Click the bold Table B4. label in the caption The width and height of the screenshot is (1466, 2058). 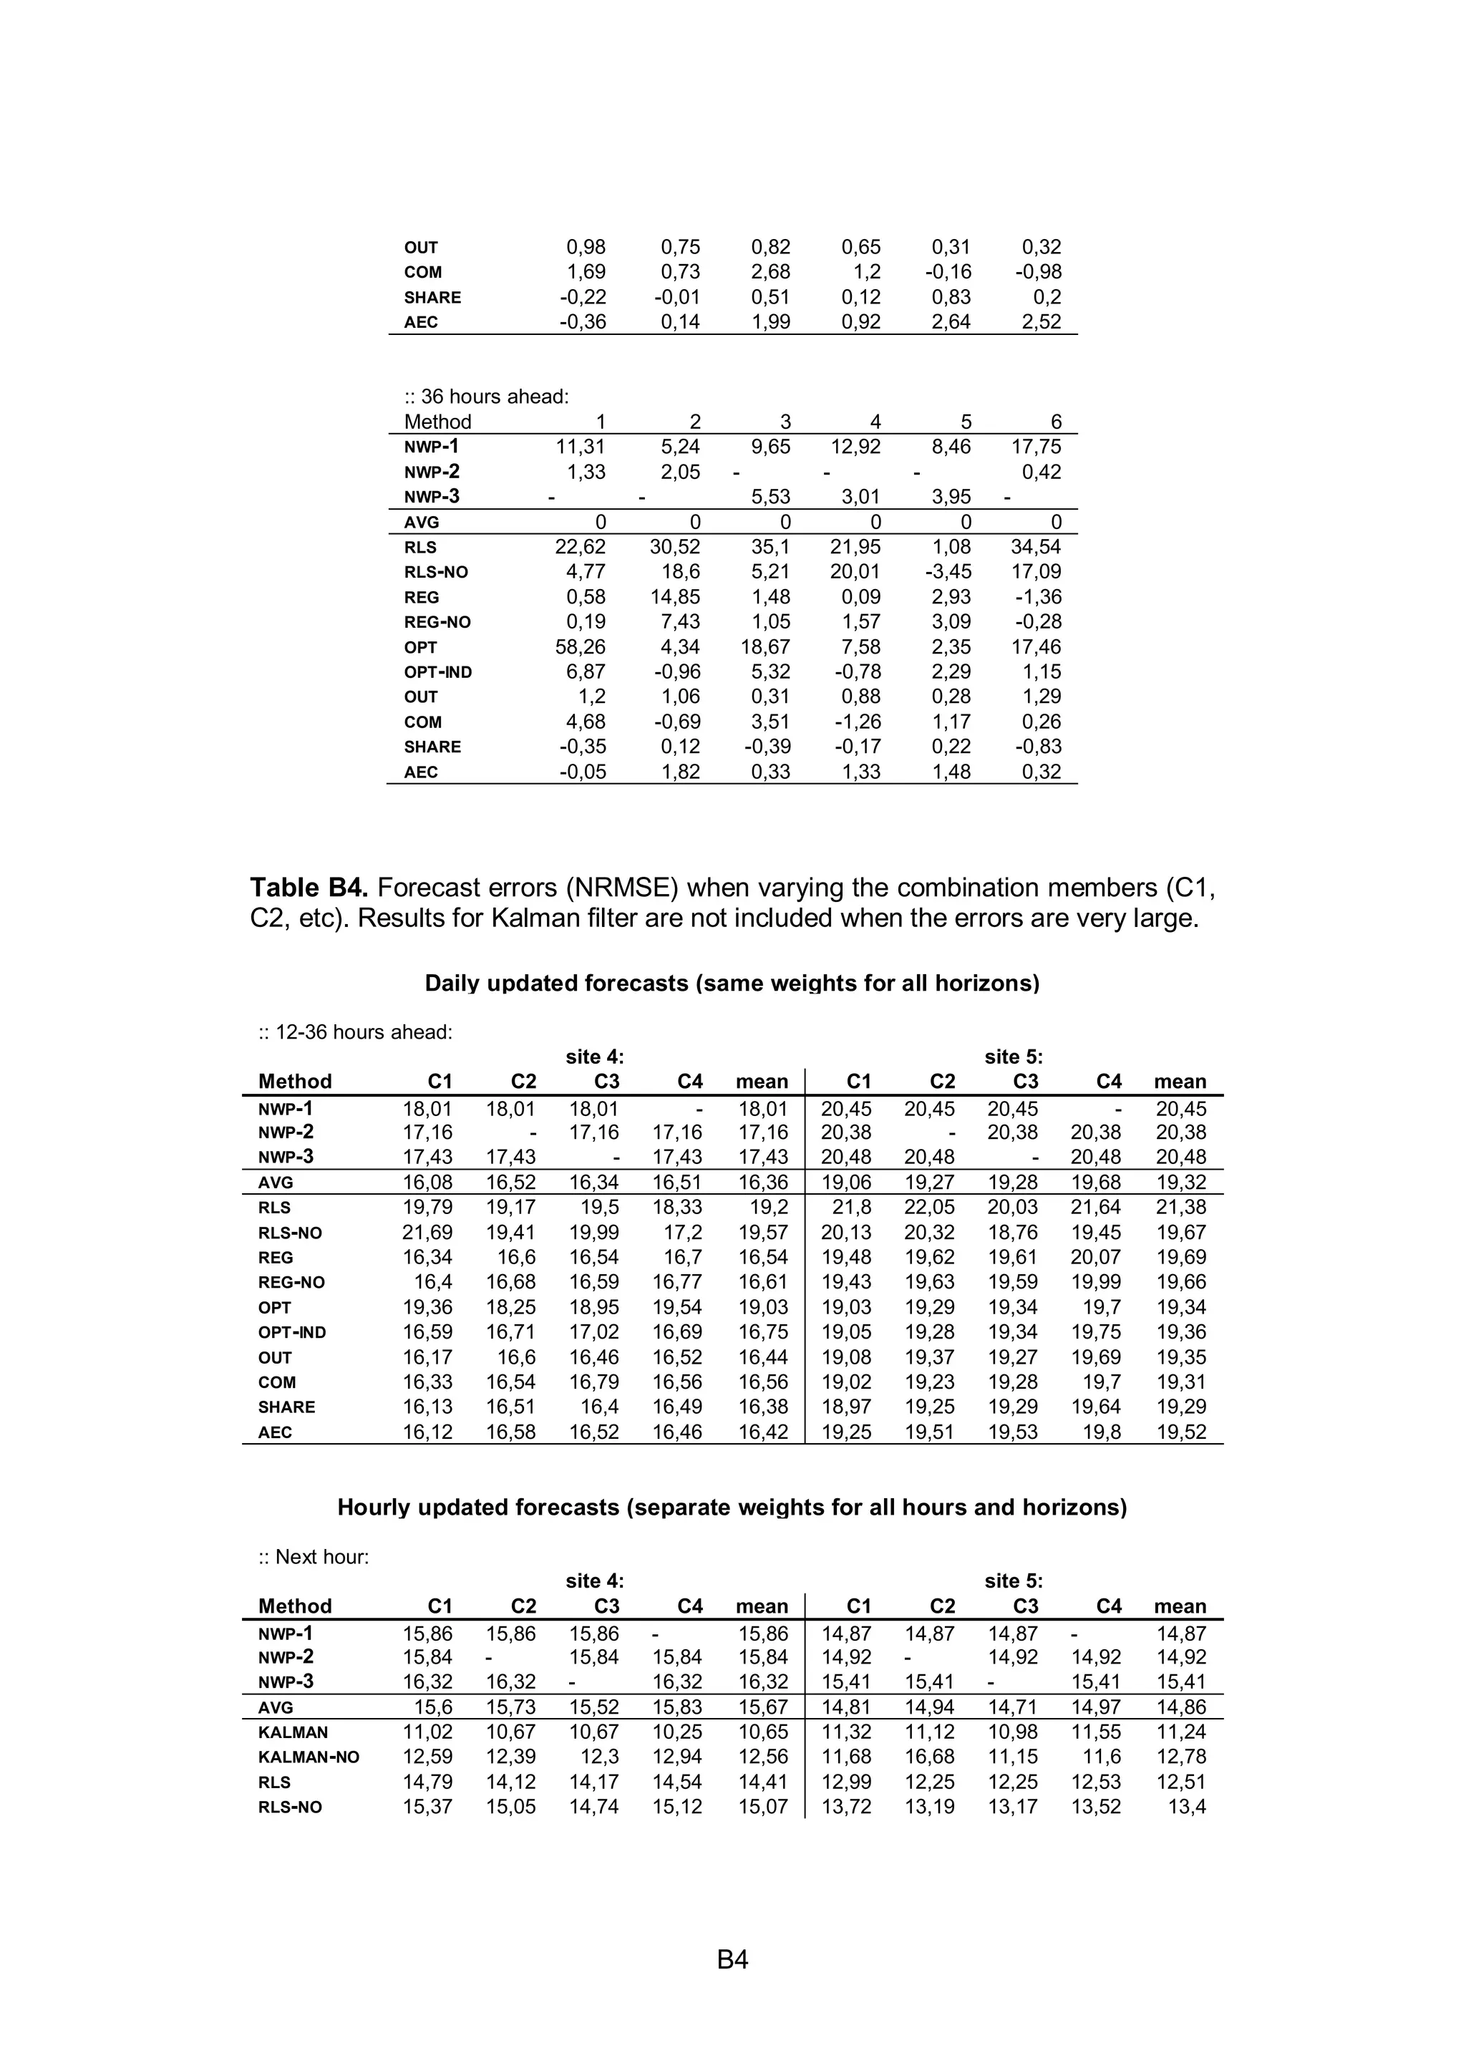coord(309,888)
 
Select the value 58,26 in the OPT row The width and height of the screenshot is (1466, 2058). coord(581,647)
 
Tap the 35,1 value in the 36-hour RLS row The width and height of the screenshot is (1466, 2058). coord(771,547)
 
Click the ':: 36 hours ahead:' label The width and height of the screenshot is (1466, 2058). coord(487,397)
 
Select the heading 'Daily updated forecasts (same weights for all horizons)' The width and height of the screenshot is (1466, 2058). coord(732,983)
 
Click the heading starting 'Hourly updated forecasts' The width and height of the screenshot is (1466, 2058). coord(732,1508)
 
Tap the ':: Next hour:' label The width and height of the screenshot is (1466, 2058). coord(314,1557)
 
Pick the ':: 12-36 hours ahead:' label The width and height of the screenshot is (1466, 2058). coord(356,1032)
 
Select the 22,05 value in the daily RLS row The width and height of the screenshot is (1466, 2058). coord(930,1208)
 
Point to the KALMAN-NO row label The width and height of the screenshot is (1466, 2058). coord(309,1757)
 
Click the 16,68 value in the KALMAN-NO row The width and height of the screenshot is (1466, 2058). coord(930,1757)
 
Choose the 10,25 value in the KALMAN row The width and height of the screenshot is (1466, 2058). coord(677,1732)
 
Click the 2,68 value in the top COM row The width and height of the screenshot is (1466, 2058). coord(771,272)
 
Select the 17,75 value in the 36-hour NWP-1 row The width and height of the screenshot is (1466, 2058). coord(1037,447)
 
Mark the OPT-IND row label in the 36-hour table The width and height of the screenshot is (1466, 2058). coord(438,672)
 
